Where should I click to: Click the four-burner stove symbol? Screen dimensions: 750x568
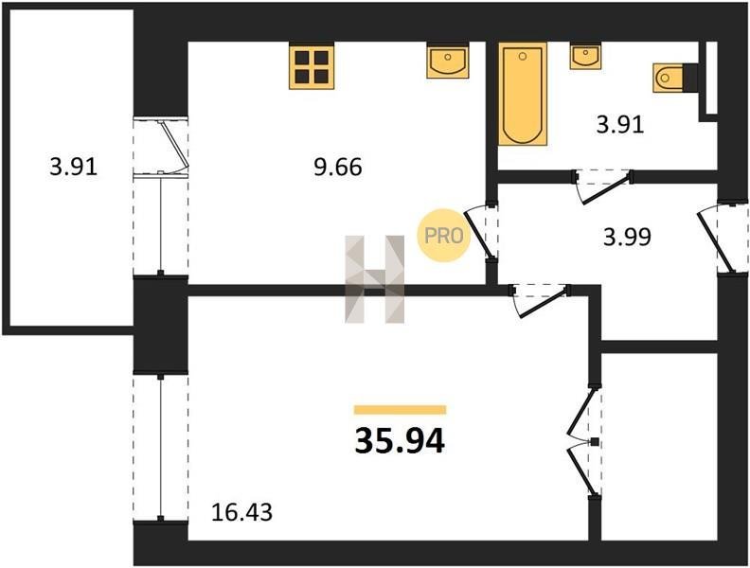point(312,65)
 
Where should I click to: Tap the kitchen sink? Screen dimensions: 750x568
point(448,61)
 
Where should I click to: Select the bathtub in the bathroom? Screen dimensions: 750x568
point(523,94)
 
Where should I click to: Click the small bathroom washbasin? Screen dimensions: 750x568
point(585,56)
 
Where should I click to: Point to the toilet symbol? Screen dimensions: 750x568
point(669,77)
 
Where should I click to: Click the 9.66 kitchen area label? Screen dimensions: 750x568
point(338,168)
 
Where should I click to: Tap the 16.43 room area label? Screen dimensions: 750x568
point(242,512)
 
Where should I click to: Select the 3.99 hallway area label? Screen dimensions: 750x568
point(627,237)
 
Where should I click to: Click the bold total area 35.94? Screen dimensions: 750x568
point(400,441)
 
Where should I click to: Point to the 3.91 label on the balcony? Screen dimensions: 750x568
point(73,168)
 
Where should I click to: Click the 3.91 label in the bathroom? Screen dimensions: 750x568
point(620,125)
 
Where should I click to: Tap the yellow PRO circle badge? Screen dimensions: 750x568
point(443,236)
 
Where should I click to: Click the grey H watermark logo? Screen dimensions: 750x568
point(375,279)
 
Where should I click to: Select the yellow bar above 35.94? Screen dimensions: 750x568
point(400,410)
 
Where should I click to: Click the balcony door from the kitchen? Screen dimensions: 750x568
point(162,148)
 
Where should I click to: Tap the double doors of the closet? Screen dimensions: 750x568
point(584,442)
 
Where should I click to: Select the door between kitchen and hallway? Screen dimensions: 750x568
point(481,234)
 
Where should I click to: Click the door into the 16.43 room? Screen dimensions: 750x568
point(540,300)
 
